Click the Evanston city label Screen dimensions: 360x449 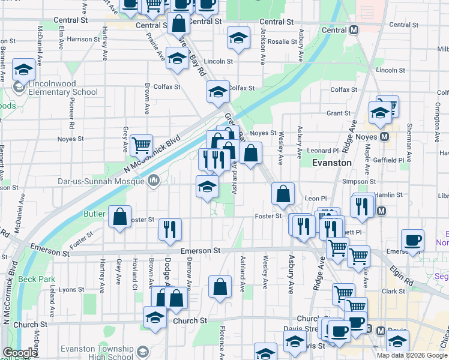tap(332, 163)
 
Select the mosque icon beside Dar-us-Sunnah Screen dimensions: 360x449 tap(154, 179)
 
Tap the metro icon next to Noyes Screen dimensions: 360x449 tap(384, 137)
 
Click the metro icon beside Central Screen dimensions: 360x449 tap(354, 30)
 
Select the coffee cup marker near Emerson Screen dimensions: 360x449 tap(412, 239)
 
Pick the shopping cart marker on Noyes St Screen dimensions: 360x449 tap(141, 144)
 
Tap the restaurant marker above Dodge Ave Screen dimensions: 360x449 tap(170, 229)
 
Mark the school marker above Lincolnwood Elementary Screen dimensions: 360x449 tap(23, 70)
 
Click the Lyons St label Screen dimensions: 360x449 tap(71, 290)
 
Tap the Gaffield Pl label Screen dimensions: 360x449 tap(393, 161)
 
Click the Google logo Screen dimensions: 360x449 tap(20, 353)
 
